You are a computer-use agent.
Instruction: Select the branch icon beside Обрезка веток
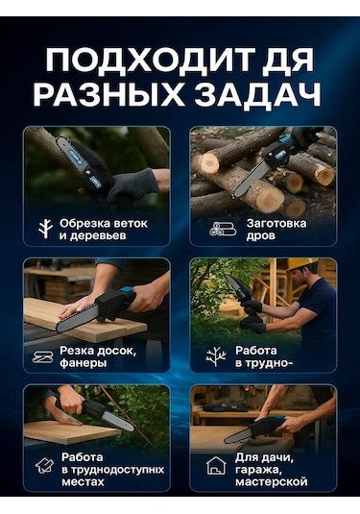coord(45,229)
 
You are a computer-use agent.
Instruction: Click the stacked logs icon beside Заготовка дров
coord(223,229)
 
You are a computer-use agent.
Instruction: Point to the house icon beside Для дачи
coord(217,466)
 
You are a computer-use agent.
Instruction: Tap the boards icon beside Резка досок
coord(43,357)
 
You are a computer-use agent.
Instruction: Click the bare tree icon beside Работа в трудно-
coord(216,356)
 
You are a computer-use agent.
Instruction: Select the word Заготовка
coord(276,223)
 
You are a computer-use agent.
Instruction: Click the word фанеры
coord(83,363)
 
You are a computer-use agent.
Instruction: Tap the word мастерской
coord(272,482)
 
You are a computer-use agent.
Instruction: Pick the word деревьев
coord(97,235)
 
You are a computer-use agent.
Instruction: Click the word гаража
coord(258,470)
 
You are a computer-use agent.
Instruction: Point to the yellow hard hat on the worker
coord(301,264)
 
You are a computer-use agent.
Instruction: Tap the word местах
coord(83,482)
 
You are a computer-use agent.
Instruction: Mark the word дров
coord(260,236)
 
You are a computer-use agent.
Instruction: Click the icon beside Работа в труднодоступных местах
coord(44,466)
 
